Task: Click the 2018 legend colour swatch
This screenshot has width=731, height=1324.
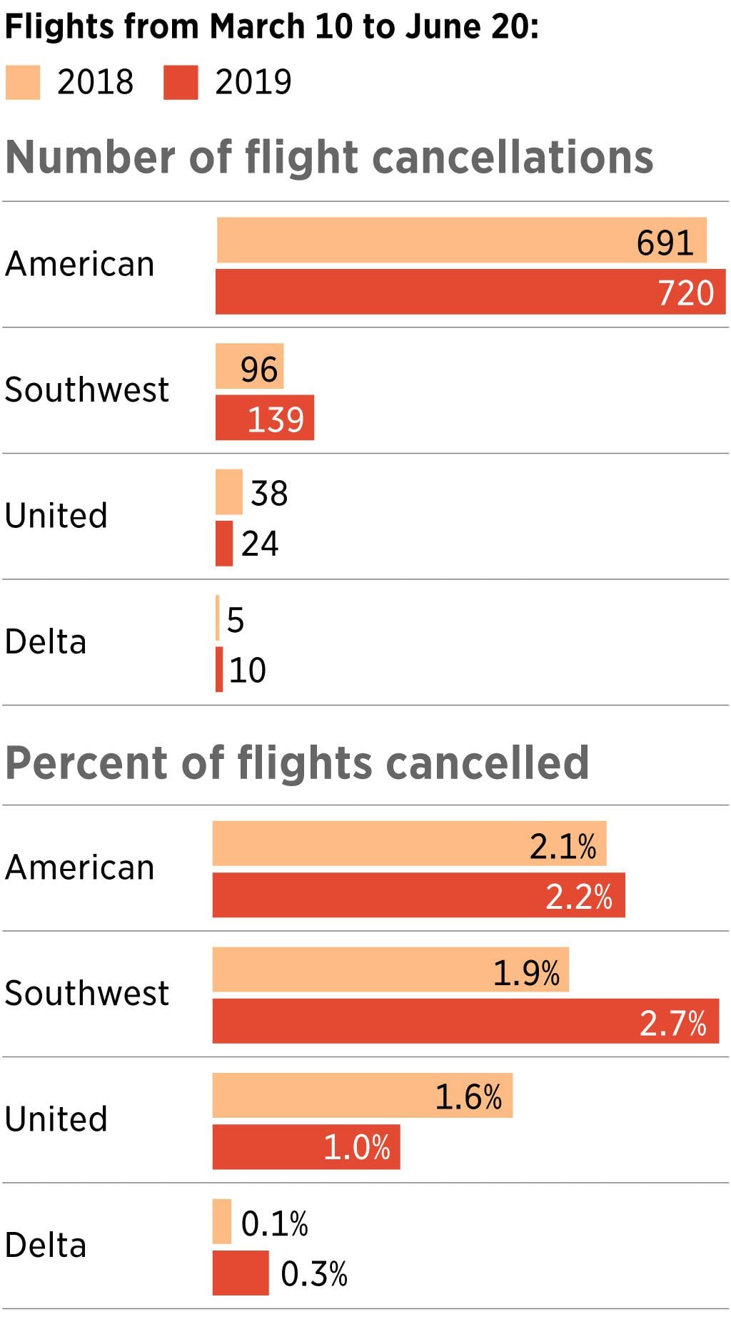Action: click(x=23, y=82)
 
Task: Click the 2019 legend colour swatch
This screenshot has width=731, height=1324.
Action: click(x=181, y=82)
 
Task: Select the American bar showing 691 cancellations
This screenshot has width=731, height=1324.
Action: click(x=428, y=240)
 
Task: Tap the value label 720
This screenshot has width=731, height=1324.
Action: click(x=685, y=292)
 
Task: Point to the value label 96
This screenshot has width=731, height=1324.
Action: click(x=258, y=369)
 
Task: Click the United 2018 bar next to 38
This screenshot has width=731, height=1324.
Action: click(x=229, y=492)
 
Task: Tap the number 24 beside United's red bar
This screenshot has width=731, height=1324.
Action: click(x=260, y=544)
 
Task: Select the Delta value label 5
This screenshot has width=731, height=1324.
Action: click(x=236, y=619)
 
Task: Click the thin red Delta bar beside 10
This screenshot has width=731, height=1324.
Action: click(x=219, y=669)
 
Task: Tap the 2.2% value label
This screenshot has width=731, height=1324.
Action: click(x=579, y=896)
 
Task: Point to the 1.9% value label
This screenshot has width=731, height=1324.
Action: click(x=527, y=972)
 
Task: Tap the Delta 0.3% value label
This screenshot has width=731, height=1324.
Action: click(x=313, y=1273)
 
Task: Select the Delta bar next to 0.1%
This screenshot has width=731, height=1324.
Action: click(x=222, y=1221)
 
